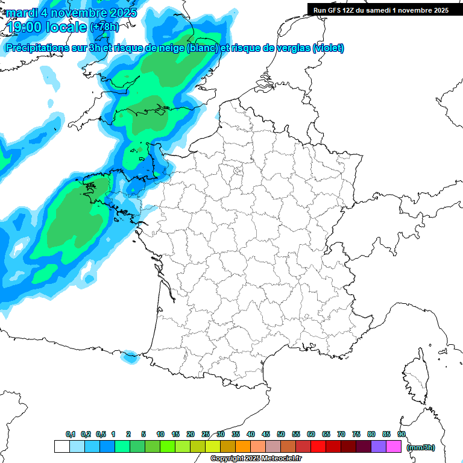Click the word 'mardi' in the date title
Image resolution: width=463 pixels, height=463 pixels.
[21, 12]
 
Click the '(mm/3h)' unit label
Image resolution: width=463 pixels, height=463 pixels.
[420, 447]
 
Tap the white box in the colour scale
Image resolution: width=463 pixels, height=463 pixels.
[61, 447]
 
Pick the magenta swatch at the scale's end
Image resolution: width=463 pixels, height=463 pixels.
[394, 447]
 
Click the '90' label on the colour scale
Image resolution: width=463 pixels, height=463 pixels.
[402, 434]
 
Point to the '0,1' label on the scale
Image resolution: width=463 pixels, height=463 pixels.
[71, 434]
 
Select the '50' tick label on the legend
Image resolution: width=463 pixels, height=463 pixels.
[281, 434]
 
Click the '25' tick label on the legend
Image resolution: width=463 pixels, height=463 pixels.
[206, 434]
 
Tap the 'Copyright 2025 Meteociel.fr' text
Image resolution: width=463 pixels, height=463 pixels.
[256, 458]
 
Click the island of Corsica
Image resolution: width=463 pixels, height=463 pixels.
[415, 377]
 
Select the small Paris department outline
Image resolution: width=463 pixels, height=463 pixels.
[237, 172]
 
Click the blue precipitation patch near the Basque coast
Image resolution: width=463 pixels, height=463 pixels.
[128, 357]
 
